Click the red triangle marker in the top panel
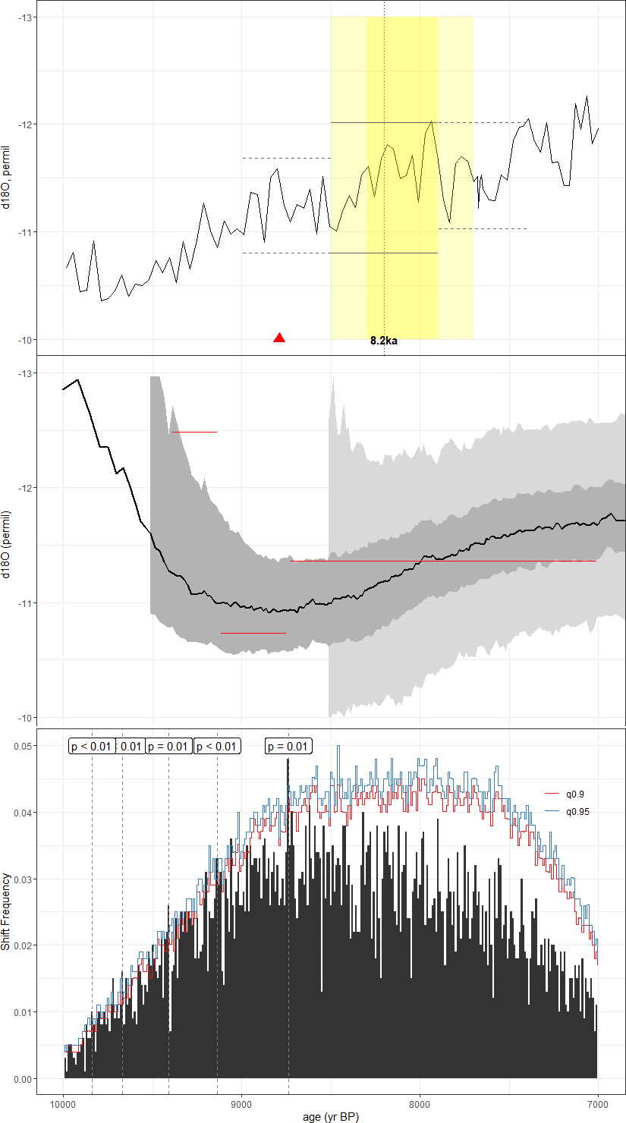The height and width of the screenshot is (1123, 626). tap(279, 338)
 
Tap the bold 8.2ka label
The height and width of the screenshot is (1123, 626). tap(384, 341)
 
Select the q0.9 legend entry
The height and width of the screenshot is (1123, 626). tap(574, 794)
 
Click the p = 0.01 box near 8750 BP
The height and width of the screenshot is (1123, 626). tap(288, 746)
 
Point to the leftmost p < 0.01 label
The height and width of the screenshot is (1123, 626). tap(91, 746)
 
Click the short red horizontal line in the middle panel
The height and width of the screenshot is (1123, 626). tap(253, 632)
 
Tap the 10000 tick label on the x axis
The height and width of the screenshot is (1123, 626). tap(63, 1101)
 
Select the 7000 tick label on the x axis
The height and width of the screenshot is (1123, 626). tap(598, 1101)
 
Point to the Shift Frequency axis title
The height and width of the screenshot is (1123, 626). tap(7, 912)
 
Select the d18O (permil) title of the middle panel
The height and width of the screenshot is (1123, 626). tap(7, 545)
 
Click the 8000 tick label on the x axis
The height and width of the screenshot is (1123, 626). tap(420, 1101)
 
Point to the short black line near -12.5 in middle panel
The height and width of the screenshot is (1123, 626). tap(194, 432)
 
